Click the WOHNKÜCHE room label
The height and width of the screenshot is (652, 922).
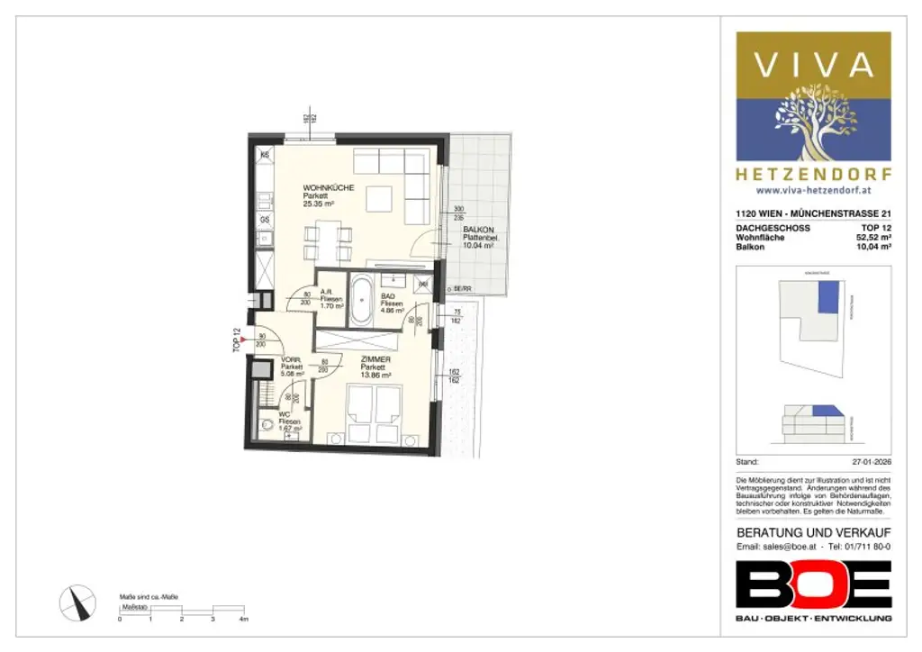(x=328, y=187)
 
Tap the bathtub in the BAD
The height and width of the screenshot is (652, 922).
(x=361, y=301)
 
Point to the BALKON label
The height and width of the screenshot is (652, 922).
(x=478, y=230)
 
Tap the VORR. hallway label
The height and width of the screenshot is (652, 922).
(x=289, y=358)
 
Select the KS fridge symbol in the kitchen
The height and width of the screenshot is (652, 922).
(x=265, y=156)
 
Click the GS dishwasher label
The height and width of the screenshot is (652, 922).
(x=265, y=220)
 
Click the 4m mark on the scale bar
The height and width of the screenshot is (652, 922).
(x=243, y=620)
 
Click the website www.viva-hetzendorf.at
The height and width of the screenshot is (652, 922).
(x=813, y=191)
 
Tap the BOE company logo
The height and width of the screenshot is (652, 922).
(x=813, y=584)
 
